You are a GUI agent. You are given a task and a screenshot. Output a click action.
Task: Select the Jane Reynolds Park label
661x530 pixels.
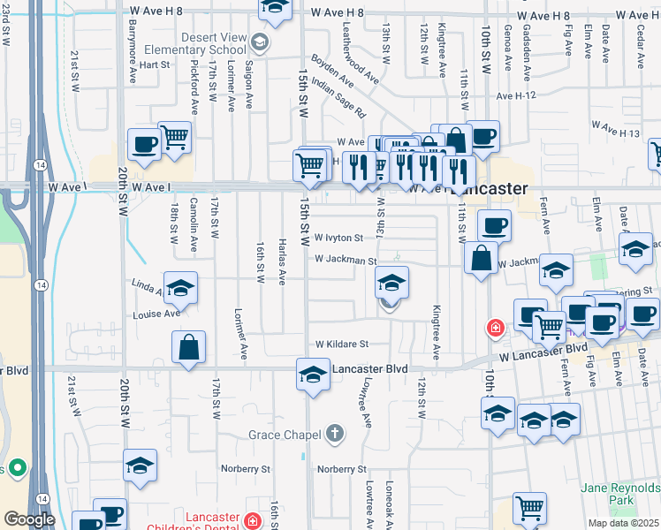pyautogui.click(x=619, y=494)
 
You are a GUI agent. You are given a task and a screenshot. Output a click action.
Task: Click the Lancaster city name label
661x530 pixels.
pyautogui.click(x=487, y=188)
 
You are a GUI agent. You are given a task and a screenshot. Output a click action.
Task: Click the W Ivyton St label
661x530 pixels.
pyautogui.click(x=338, y=238)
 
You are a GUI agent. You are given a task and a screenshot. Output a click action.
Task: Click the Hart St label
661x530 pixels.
pyautogui.click(x=154, y=64)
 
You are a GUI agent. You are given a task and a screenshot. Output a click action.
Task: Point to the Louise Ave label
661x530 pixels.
pyautogui.click(x=157, y=314)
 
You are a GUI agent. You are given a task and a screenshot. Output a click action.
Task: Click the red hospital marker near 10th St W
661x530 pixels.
pyautogui.click(x=496, y=329)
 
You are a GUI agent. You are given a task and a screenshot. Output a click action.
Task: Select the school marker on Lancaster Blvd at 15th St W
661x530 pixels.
pyautogui.click(x=312, y=374)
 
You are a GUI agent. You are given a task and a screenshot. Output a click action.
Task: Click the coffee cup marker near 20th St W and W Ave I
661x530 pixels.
pyautogui.click(x=143, y=143)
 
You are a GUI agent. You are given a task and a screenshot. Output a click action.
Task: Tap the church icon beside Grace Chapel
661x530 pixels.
pyautogui.click(x=334, y=434)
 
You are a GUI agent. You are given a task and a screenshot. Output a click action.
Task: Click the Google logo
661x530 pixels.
pyautogui.click(x=30, y=519)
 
